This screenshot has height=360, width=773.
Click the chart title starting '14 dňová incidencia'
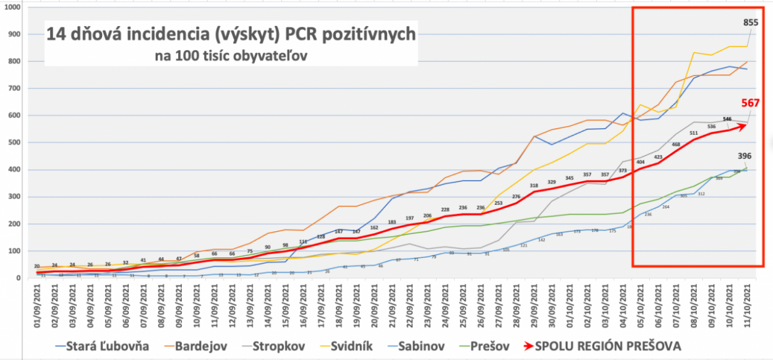[x=231, y=34]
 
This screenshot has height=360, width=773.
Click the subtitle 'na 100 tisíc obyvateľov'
[x=231, y=55]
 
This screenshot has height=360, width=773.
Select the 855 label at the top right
[x=754, y=22]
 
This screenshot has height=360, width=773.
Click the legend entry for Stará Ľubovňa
[x=103, y=345]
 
